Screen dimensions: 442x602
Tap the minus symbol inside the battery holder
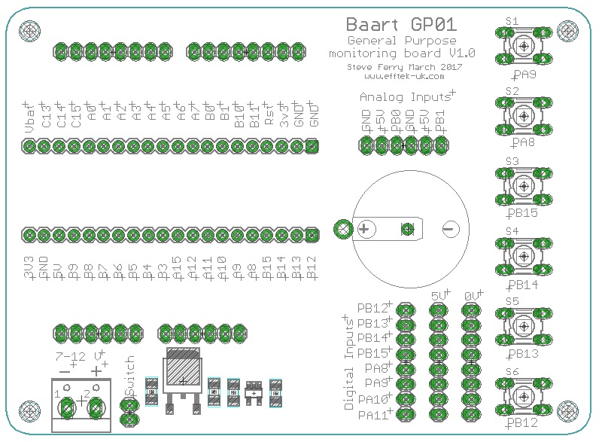(448, 229)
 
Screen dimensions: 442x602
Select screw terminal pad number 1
(67, 408)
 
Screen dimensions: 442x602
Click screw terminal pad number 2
(96, 408)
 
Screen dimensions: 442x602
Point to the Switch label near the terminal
(129, 377)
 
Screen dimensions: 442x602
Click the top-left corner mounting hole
(29, 31)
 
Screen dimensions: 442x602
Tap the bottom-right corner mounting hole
(573, 411)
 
